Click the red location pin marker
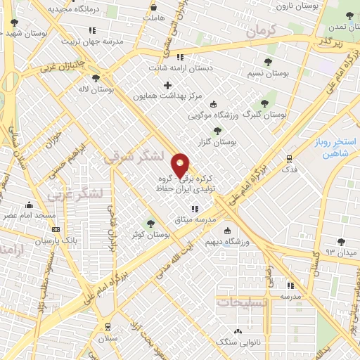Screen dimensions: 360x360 click(181, 165)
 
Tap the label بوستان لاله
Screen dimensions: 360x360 click(96, 90)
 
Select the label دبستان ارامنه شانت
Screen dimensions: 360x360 click(179, 68)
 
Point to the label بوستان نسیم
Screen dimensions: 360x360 click(266, 73)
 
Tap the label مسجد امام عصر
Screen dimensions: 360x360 click(27, 215)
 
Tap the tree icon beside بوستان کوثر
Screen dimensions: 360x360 click(150, 224)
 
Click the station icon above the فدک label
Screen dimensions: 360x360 click(288, 158)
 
